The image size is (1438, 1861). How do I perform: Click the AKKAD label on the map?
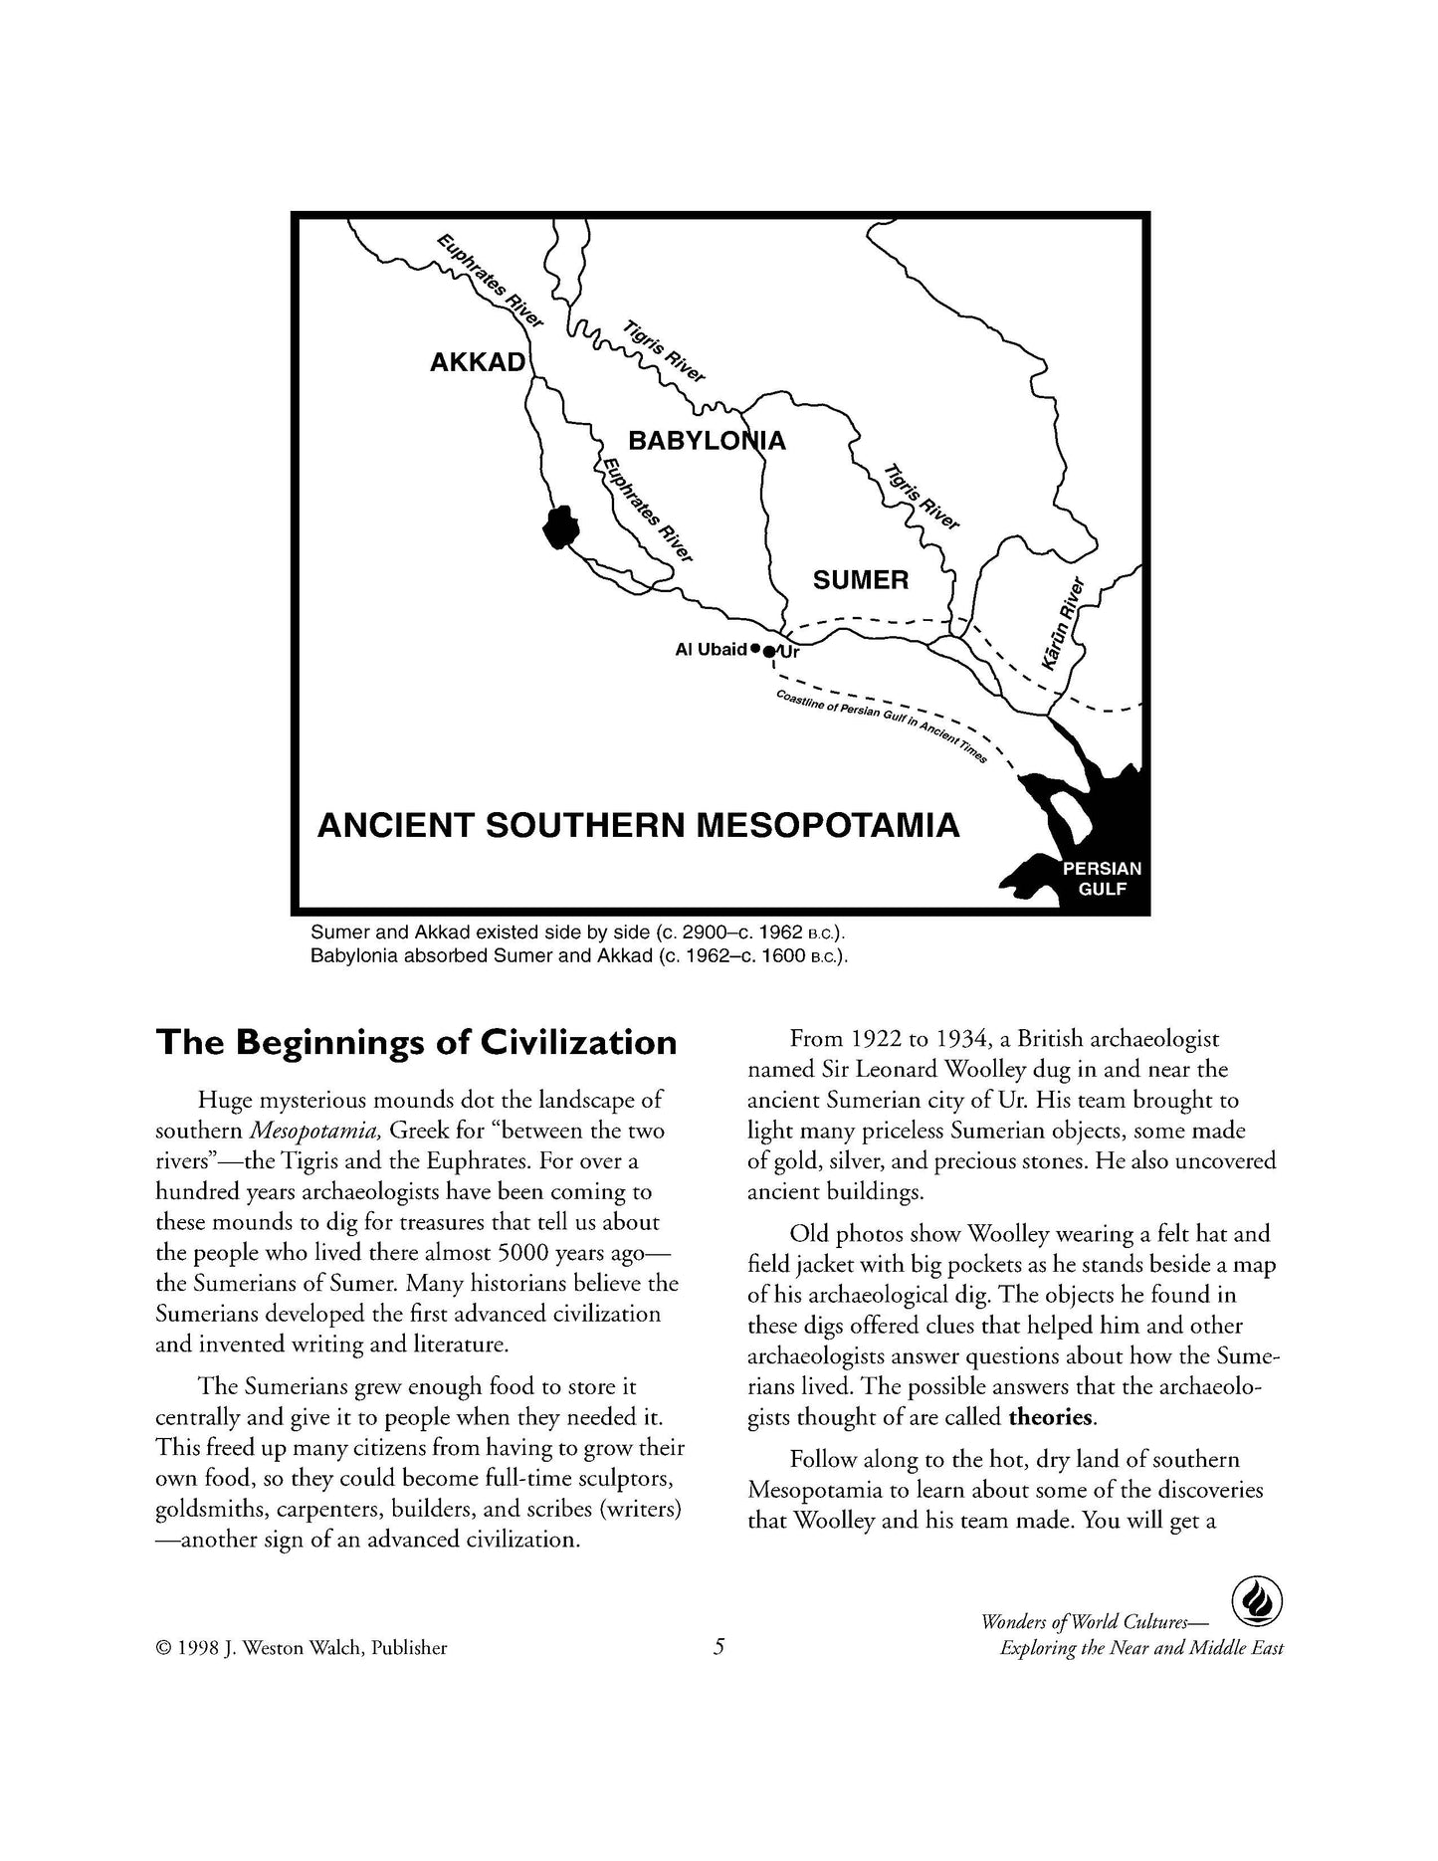[x=477, y=362]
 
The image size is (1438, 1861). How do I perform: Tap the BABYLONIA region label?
[x=707, y=440]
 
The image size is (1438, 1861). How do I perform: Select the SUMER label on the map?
[x=861, y=579]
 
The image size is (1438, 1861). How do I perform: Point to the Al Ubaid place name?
[x=711, y=650]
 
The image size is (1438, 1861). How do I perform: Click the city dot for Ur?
[x=768, y=652]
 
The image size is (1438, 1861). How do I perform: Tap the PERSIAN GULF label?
[x=1102, y=878]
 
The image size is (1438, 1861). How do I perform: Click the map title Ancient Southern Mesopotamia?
[x=638, y=826]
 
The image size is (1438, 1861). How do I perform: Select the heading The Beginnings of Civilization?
[x=416, y=1042]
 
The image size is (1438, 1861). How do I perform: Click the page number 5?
[x=719, y=1647]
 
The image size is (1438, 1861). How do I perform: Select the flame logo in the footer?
[x=1256, y=1603]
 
